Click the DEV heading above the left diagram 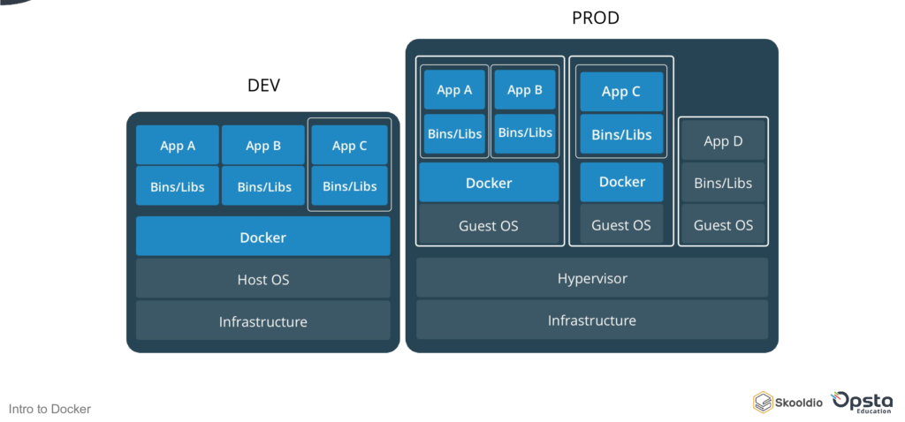click(263, 86)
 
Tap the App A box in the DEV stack click(177, 146)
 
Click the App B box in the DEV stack click(263, 146)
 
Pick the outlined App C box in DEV click(349, 146)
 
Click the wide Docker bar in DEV click(262, 237)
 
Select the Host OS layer click(262, 279)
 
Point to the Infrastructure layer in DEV click(262, 321)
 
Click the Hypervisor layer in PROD click(591, 278)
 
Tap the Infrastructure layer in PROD click(591, 320)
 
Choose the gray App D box click(723, 141)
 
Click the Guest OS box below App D click(723, 225)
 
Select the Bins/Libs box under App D click(723, 183)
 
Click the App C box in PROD click(621, 91)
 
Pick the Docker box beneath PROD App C click(621, 182)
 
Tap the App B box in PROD click(524, 89)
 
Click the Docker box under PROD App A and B click(489, 183)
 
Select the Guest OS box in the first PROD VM click(489, 225)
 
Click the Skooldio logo click(787, 402)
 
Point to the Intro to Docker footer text click(49, 409)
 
